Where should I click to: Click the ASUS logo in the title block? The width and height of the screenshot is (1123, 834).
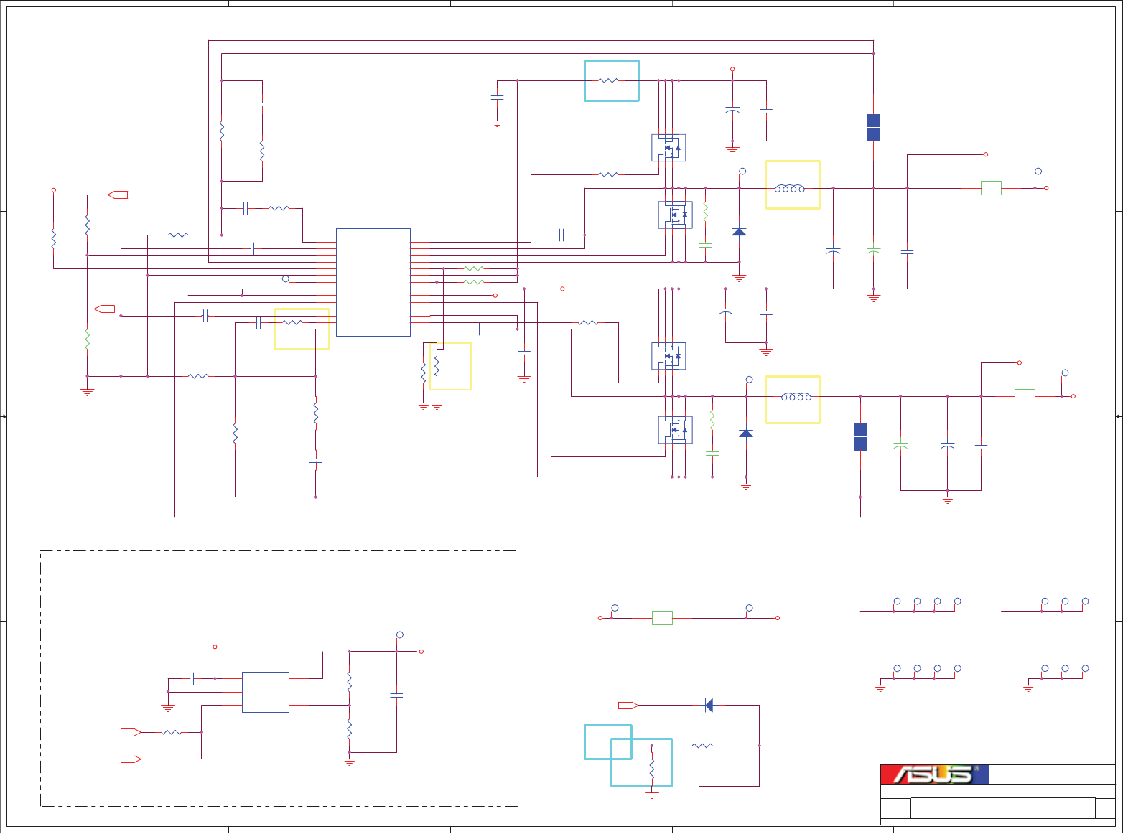pyautogui.click(x=934, y=774)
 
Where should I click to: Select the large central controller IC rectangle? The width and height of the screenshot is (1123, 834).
pyautogui.click(x=373, y=282)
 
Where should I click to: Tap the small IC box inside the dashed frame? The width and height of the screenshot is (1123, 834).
pyautogui.click(x=265, y=692)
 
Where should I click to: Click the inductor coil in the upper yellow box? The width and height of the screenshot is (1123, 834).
pyautogui.click(x=789, y=188)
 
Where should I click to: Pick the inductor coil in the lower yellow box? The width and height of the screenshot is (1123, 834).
pyautogui.click(x=796, y=396)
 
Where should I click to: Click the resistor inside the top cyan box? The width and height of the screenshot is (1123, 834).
pyautogui.click(x=608, y=81)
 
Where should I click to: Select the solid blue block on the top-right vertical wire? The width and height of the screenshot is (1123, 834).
pyautogui.click(x=873, y=128)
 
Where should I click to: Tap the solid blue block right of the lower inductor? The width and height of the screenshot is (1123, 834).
pyautogui.click(x=859, y=436)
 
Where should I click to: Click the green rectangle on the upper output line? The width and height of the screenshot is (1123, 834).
pyautogui.click(x=990, y=188)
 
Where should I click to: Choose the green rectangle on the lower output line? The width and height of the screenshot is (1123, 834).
pyautogui.click(x=1024, y=396)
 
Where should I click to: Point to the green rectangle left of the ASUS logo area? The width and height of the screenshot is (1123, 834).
pyautogui.click(x=661, y=618)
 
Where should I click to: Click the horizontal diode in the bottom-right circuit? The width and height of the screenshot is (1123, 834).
pyautogui.click(x=709, y=706)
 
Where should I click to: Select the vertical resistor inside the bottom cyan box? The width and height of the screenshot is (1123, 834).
pyautogui.click(x=652, y=769)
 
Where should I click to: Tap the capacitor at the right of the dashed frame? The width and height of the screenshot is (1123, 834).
pyautogui.click(x=396, y=695)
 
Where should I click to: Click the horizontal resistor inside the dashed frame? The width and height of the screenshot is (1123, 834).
pyautogui.click(x=172, y=732)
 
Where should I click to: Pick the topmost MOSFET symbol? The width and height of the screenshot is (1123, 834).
pyautogui.click(x=668, y=148)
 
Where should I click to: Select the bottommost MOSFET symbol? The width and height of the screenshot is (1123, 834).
pyautogui.click(x=675, y=430)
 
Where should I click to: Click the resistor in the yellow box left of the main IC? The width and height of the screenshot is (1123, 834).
pyautogui.click(x=292, y=322)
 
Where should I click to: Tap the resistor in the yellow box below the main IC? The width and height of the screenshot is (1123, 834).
pyautogui.click(x=437, y=367)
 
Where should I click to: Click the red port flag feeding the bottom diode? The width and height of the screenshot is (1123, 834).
pyautogui.click(x=628, y=706)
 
